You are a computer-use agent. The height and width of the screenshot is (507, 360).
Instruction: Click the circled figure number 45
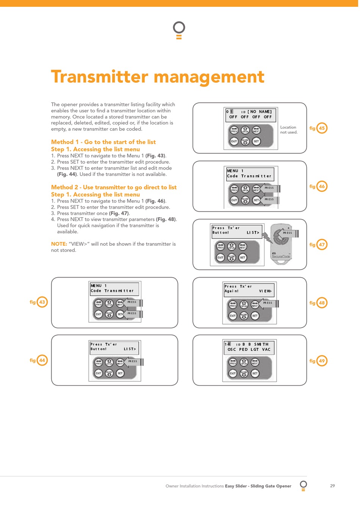click(322, 128)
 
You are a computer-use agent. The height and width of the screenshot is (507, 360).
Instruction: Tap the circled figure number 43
click(42, 302)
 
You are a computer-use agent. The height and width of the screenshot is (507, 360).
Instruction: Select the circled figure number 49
click(322, 361)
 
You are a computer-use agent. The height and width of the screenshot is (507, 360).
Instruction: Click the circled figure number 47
click(322, 245)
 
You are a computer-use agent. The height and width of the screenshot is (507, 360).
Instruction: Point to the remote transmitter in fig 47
click(281, 243)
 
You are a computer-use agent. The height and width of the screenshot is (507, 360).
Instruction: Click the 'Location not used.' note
click(289, 130)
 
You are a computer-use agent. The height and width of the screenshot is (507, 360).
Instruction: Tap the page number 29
click(332, 486)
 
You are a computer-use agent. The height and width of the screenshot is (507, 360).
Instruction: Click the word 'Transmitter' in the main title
click(100, 77)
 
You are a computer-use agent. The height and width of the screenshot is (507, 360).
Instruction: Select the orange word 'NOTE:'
click(59, 244)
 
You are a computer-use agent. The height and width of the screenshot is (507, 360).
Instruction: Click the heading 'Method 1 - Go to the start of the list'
click(103, 142)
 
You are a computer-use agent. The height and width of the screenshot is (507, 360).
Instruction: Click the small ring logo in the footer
click(303, 485)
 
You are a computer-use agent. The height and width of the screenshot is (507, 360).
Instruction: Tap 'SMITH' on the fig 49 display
click(261, 344)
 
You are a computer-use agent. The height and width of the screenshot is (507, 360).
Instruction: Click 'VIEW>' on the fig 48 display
click(265, 291)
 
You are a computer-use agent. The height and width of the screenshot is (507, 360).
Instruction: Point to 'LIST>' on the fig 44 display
click(130, 349)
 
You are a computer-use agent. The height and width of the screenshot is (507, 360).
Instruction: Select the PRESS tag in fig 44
click(133, 361)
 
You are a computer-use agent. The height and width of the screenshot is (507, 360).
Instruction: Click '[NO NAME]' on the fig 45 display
click(260, 112)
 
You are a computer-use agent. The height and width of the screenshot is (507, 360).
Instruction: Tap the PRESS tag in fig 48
click(268, 303)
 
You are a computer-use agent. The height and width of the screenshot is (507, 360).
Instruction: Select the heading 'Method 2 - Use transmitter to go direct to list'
click(114, 187)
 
